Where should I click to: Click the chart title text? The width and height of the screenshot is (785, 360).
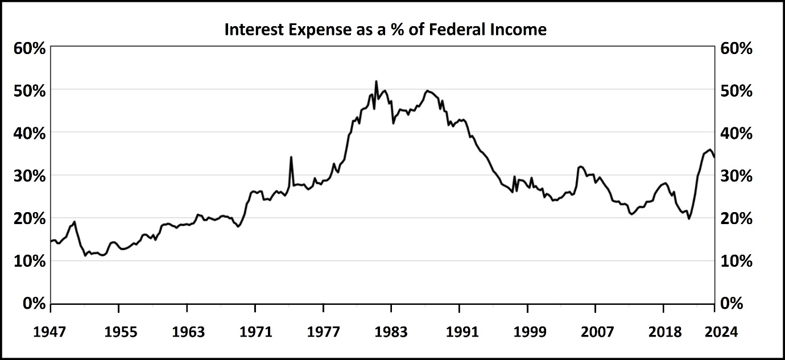[385, 29]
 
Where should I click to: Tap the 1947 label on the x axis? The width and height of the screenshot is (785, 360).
[51, 332]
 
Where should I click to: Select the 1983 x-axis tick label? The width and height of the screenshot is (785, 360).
[391, 332]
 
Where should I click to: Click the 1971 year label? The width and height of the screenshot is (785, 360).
[255, 332]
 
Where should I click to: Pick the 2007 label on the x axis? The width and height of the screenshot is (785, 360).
[595, 332]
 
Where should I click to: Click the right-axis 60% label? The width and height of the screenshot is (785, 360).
[736, 48]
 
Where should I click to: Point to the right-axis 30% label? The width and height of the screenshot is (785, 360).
[736, 176]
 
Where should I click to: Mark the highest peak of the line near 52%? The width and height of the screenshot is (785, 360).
[376, 81]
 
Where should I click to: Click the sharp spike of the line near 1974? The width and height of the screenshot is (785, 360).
[291, 157]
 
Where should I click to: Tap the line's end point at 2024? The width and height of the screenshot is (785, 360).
[714, 156]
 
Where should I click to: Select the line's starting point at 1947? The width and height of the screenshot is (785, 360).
[51, 241]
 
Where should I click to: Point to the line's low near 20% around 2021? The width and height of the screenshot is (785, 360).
[689, 218]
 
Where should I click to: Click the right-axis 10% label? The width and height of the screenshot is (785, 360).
[736, 261]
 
